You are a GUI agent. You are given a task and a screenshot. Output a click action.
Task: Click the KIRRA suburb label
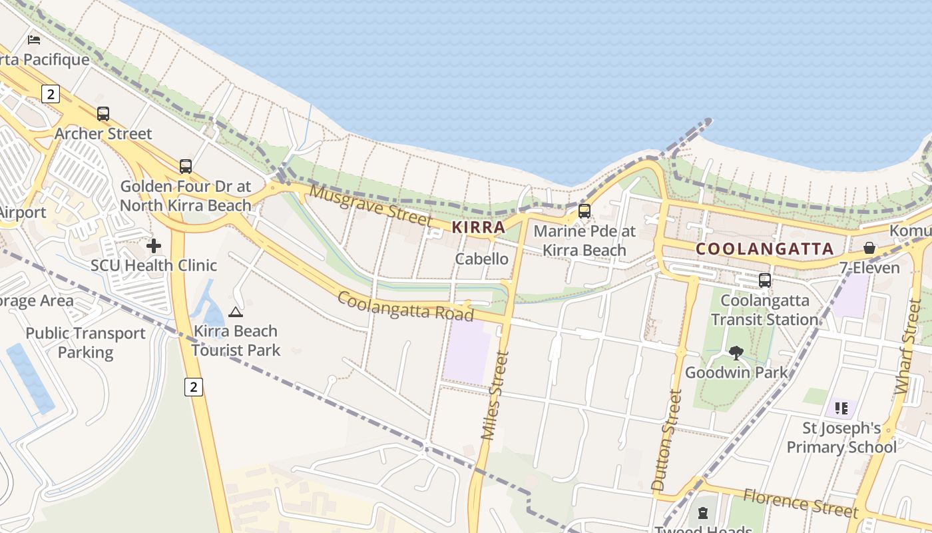click(479, 227)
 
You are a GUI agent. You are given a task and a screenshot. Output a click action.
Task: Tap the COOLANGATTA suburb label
click(764, 249)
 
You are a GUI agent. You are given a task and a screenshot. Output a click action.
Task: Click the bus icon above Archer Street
click(103, 114)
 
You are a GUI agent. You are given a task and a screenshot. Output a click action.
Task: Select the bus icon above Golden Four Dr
click(186, 167)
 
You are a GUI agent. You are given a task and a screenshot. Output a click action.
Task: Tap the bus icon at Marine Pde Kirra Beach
click(584, 211)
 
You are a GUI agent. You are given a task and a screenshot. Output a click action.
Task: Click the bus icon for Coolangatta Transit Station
click(764, 280)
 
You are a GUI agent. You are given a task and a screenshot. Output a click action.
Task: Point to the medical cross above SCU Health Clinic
click(154, 246)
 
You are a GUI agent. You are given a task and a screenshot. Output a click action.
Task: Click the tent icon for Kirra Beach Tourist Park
click(236, 312)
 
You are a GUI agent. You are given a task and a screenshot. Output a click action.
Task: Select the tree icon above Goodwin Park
click(736, 353)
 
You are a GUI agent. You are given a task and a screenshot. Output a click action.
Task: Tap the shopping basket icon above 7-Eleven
click(869, 249)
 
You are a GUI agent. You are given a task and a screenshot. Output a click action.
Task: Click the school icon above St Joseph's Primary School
click(841, 408)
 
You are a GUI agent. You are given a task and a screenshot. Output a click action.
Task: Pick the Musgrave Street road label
click(371, 205)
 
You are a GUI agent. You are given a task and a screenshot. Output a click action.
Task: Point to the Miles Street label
click(495, 395)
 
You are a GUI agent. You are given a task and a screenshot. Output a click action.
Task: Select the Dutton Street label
click(667, 440)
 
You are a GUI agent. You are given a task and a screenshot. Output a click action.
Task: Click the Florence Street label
click(800, 502)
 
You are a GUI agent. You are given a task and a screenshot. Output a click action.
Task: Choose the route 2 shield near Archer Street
click(51, 94)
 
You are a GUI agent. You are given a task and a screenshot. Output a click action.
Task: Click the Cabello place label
click(482, 259)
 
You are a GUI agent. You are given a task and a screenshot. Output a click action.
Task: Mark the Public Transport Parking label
click(85, 342)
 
